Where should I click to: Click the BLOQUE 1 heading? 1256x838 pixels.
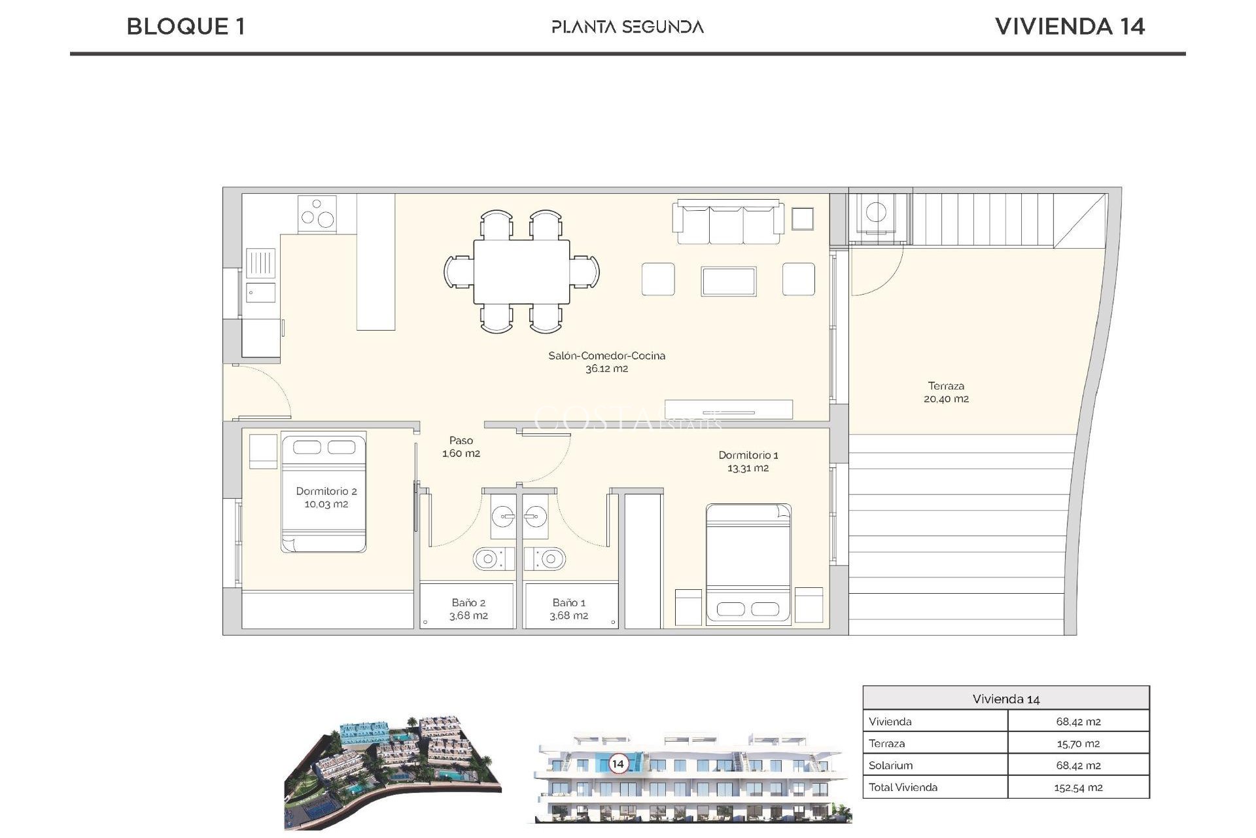pos(186,27)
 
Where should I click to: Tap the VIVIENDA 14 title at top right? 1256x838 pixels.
pos(1070,27)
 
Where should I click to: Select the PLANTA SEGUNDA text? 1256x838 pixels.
pos(627,27)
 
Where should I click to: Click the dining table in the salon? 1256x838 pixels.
pos(521,271)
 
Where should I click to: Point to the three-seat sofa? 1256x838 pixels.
pos(728,223)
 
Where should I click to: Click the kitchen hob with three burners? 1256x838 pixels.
pos(317,214)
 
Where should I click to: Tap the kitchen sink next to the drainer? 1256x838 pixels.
pos(260,292)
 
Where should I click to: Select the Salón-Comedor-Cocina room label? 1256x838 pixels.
pos(606,356)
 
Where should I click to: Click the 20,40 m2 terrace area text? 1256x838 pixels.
pos(946,399)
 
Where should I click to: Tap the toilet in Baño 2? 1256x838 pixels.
pos(488,559)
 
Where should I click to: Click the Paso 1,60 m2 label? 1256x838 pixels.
pos(461,447)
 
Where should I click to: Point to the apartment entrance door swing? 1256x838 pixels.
pos(258,392)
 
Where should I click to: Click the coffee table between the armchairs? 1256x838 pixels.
pos(728,281)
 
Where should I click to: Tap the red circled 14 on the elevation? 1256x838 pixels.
pos(618,763)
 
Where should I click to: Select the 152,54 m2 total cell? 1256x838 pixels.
pos(1077,788)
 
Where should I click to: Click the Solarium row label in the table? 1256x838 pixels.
pos(890,765)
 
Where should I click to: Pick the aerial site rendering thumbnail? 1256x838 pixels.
pos(392,773)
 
